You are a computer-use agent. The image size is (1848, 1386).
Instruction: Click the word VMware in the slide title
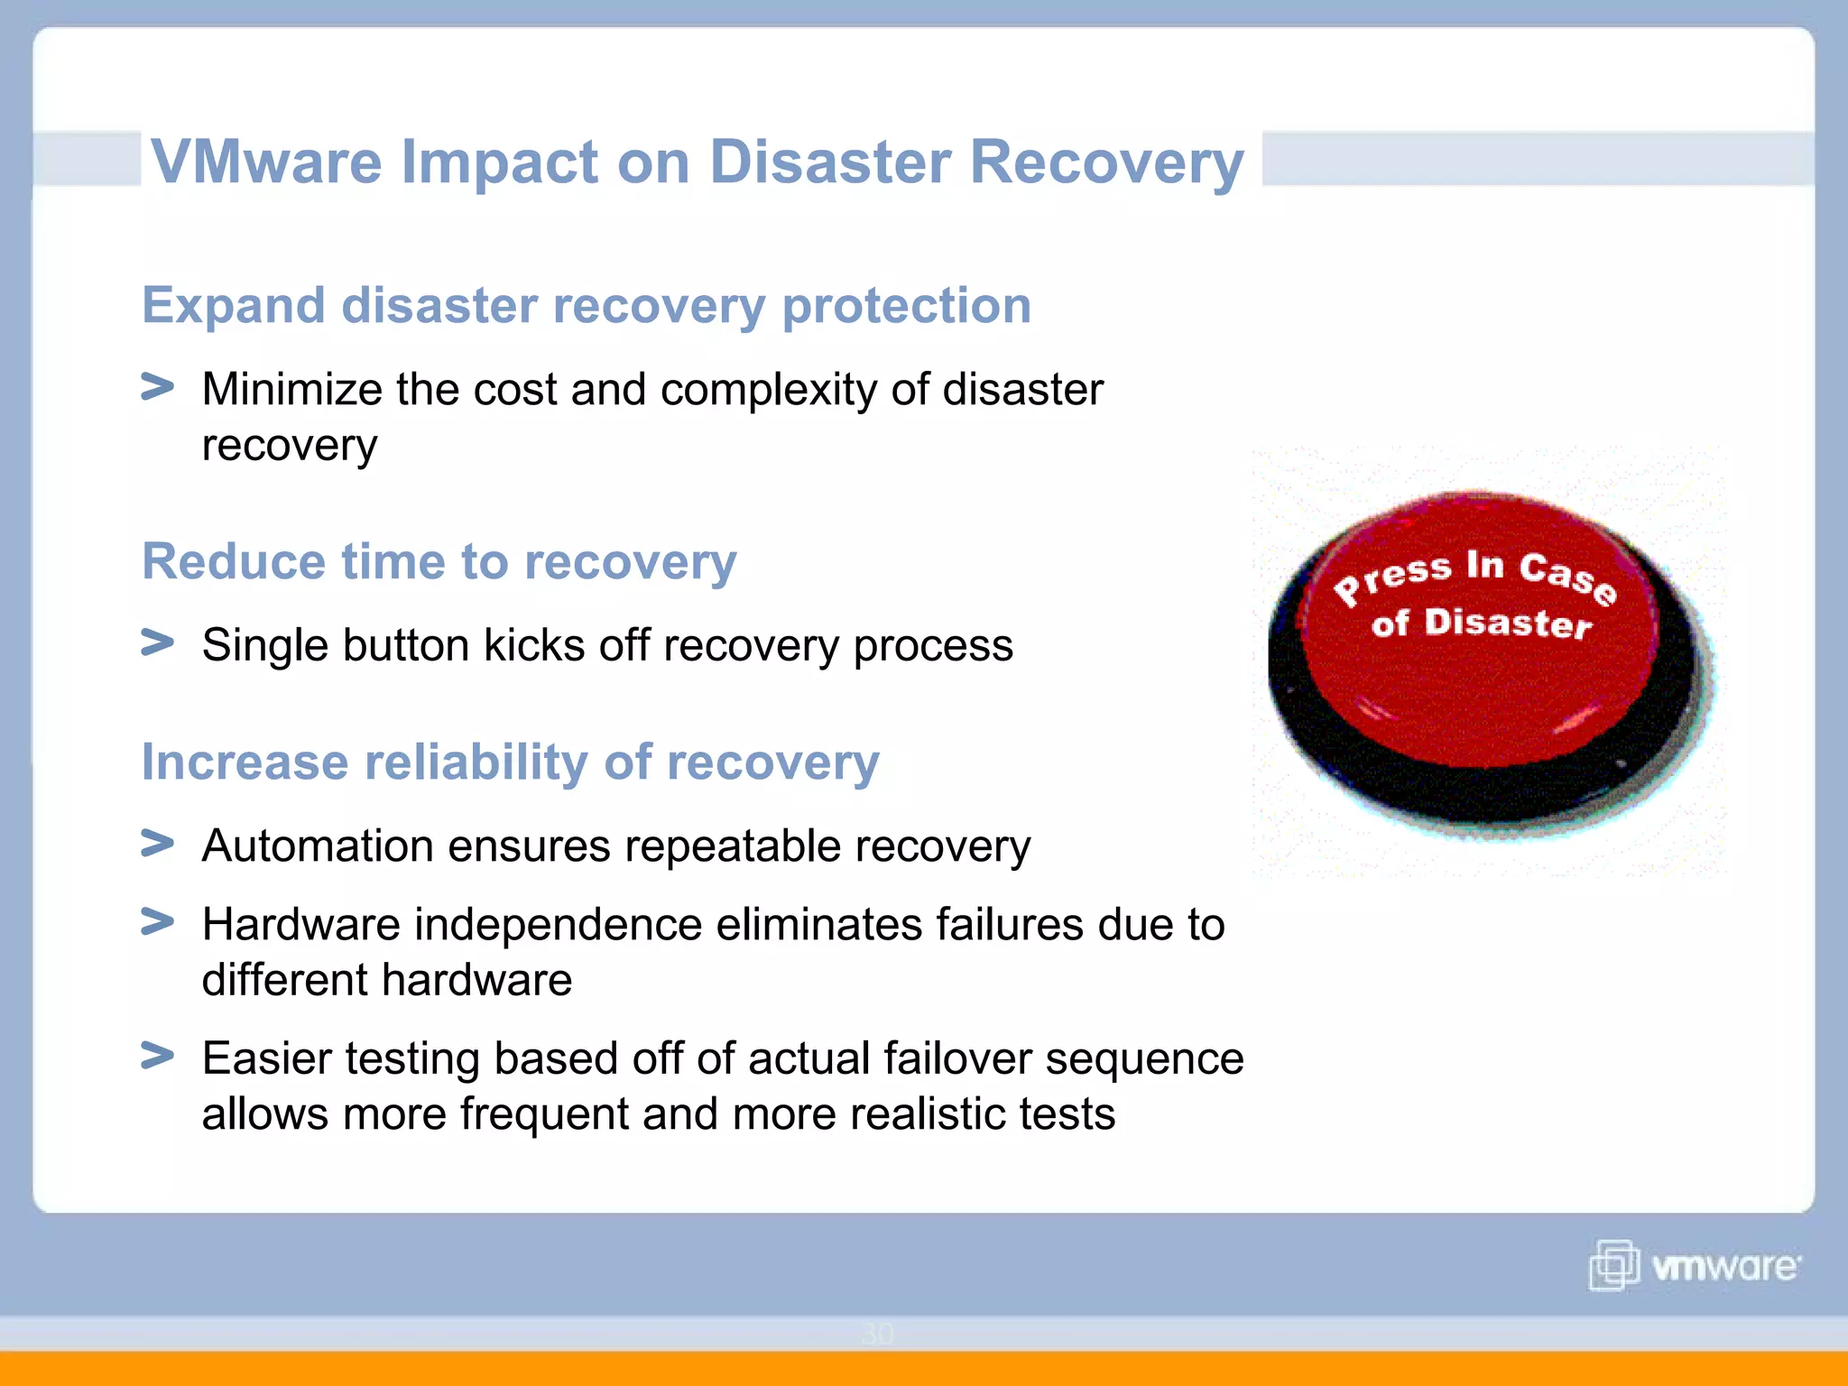coord(267,162)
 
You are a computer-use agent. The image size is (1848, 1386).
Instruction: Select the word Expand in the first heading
coord(233,306)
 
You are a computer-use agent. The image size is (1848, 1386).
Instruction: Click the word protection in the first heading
coord(906,306)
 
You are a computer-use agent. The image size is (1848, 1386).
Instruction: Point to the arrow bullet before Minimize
coord(157,387)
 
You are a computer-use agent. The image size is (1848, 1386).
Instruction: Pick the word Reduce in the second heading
coord(233,561)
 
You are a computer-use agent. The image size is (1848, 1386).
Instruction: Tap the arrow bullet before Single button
coord(157,642)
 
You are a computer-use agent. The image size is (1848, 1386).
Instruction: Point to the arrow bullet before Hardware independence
coord(157,921)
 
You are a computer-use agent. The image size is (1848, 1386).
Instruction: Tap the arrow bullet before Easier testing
coord(157,1055)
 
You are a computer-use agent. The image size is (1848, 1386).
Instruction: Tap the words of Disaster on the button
coord(1481,624)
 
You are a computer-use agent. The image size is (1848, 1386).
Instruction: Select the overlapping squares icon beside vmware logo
coord(1613,1265)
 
